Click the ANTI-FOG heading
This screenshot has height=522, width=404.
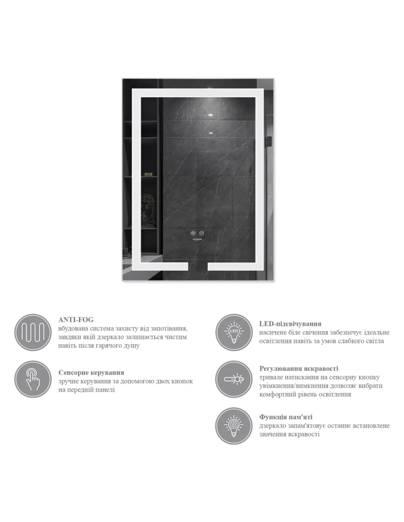tap(76, 320)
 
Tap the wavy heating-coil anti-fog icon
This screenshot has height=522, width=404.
tap(33, 332)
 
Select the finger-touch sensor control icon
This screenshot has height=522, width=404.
tap(33, 379)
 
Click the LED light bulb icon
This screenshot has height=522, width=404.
tap(234, 332)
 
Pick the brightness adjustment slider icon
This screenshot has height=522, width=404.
tap(234, 379)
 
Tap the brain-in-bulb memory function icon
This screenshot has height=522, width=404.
tap(234, 426)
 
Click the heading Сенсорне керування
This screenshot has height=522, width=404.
tap(91, 373)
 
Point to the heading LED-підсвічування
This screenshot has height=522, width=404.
tap(290, 324)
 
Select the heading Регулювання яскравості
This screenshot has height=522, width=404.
tap(299, 369)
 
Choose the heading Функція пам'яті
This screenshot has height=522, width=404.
tap(286, 417)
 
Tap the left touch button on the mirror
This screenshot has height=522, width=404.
tap(193, 233)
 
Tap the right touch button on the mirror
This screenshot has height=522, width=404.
tap(201, 233)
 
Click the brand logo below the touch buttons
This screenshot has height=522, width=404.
tap(197, 239)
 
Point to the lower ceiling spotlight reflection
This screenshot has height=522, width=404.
tap(211, 133)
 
